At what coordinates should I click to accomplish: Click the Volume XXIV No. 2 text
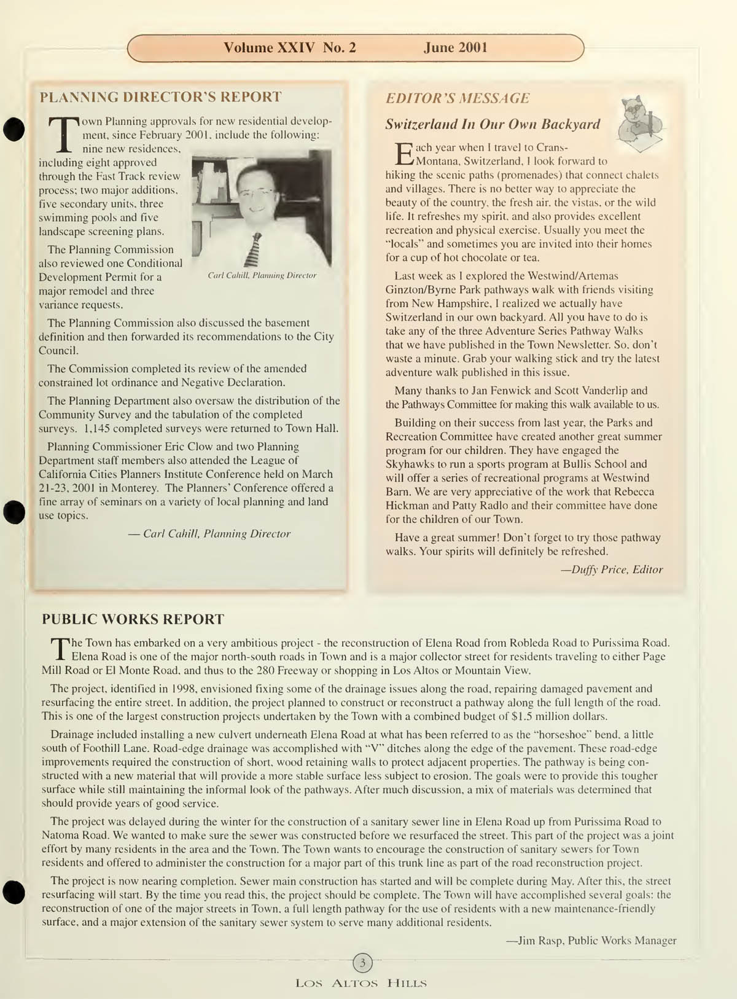[x=289, y=48]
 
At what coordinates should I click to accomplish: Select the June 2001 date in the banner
[x=455, y=48]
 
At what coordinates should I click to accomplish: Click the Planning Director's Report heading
[x=160, y=97]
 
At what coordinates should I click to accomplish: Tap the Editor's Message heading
[x=457, y=98]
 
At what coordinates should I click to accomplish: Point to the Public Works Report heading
[x=133, y=619]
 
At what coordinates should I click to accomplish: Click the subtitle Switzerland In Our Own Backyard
[x=492, y=124]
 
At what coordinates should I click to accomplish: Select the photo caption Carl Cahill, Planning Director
[x=262, y=275]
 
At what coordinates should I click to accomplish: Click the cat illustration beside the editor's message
[x=641, y=123]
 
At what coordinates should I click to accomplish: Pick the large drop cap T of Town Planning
[x=64, y=134]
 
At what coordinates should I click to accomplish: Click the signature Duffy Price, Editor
[x=612, y=570]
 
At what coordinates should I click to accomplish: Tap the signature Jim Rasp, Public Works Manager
[x=591, y=941]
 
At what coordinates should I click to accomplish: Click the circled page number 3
[x=362, y=963]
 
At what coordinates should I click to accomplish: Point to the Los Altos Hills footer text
[x=361, y=983]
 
